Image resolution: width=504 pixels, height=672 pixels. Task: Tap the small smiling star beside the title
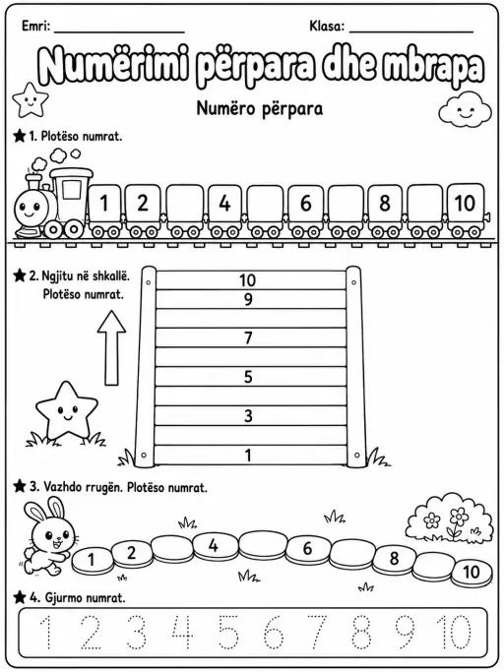point(31,99)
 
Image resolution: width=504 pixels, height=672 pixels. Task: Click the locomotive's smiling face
point(29,208)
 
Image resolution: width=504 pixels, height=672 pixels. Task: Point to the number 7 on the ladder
point(248,338)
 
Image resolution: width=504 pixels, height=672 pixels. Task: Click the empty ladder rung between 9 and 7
point(251,319)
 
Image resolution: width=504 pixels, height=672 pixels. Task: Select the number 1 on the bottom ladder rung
point(248,456)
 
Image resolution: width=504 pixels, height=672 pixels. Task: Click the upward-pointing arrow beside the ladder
point(111,347)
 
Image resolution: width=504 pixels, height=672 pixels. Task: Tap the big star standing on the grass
point(66,411)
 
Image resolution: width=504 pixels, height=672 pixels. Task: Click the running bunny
point(48,535)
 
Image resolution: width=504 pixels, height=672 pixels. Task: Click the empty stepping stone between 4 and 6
point(263,547)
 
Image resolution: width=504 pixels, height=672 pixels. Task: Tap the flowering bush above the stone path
point(447,519)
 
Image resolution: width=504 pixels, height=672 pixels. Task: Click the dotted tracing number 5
point(229,633)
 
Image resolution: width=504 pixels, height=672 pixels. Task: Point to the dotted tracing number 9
point(404,633)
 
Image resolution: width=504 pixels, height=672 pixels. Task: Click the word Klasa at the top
point(327,27)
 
